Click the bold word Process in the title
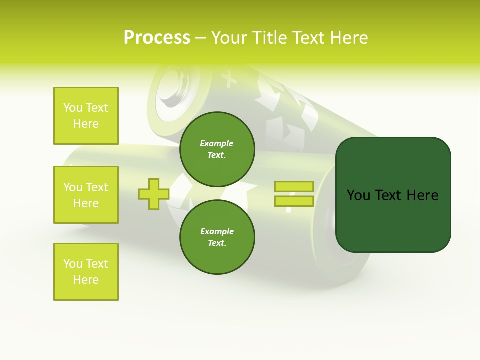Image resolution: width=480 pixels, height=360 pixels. pyautogui.click(x=157, y=38)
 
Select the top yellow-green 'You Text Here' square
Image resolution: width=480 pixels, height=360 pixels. pyautogui.click(x=86, y=116)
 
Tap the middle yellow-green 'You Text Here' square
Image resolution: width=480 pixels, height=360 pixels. pyautogui.click(x=86, y=195)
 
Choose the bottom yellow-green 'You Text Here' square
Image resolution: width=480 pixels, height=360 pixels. pyautogui.click(x=86, y=272)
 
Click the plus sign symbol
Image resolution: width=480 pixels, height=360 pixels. pyautogui.click(x=153, y=194)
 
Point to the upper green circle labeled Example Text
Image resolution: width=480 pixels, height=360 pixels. pyautogui.click(x=217, y=149)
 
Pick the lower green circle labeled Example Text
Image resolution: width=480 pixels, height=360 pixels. pyautogui.click(x=217, y=237)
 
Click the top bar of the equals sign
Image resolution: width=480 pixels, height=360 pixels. pyautogui.click(x=294, y=187)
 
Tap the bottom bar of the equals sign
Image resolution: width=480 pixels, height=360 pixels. pyautogui.click(x=294, y=201)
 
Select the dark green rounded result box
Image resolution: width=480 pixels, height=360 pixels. pyautogui.click(x=393, y=195)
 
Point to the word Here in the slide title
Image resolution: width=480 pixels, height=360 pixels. pyautogui.click(x=350, y=38)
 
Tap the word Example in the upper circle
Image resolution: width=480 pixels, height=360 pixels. pyautogui.click(x=217, y=144)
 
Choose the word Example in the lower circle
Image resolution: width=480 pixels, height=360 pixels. pyautogui.click(x=217, y=232)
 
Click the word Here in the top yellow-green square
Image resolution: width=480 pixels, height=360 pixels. pyautogui.click(x=86, y=124)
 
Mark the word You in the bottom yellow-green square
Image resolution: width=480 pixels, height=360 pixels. pyautogui.click(x=73, y=264)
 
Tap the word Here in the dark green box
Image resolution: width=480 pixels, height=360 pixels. pyautogui.click(x=422, y=195)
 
